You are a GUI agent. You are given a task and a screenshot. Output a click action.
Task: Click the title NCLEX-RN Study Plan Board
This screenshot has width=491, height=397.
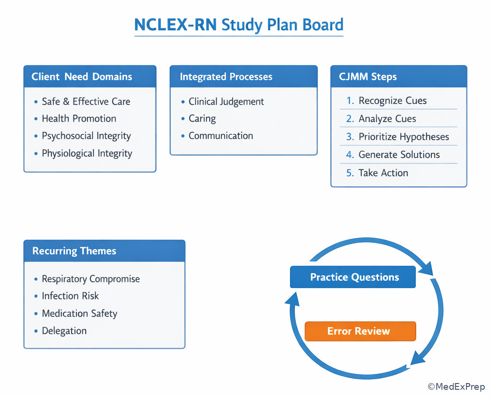tap(239, 24)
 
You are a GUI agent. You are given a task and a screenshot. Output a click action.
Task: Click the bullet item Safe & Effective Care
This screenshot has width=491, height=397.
tap(85, 101)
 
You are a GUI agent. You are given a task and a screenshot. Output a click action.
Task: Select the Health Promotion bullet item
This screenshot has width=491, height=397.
tap(79, 119)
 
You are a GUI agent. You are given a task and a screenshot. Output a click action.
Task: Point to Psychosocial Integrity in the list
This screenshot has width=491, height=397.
tap(86, 136)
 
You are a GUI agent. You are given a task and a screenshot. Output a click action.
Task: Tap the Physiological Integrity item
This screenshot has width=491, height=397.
tap(87, 154)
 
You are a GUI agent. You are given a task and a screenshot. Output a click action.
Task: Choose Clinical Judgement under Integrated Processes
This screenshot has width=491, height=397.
tap(226, 101)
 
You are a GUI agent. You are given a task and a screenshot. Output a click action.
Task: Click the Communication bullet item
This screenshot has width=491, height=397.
tap(220, 136)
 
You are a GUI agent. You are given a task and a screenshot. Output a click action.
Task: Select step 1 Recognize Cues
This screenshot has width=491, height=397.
tap(392, 101)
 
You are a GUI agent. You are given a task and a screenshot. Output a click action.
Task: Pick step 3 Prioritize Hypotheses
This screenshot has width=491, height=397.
tap(403, 137)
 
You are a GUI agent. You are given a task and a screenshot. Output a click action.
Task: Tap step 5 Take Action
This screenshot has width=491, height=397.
tap(383, 173)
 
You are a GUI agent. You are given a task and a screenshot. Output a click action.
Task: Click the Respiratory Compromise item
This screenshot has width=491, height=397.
tap(91, 279)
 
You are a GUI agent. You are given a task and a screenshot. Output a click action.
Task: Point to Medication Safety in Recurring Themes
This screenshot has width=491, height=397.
tap(79, 313)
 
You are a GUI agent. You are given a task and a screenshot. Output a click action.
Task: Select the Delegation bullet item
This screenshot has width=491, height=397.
tap(64, 331)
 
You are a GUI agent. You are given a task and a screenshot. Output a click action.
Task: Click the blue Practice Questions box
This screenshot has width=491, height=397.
tap(353, 277)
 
